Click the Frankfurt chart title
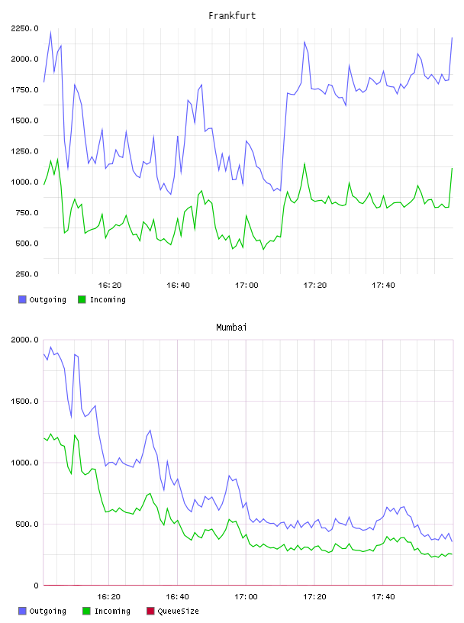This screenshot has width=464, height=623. pos(232,16)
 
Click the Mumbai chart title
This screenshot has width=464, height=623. pos(231,328)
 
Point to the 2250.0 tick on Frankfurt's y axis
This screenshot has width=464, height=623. pos(24,28)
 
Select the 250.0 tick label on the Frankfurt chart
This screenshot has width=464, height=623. pos(27,274)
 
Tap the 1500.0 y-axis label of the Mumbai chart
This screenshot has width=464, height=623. pos(24,402)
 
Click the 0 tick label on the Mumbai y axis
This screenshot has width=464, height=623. pos(36,586)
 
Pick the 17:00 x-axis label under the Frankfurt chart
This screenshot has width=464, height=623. pos(246,286)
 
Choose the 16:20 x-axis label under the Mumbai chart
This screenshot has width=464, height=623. pos(109,597)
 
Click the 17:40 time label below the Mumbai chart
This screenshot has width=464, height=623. pos(383,597)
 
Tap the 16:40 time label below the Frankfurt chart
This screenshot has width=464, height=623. pos(178,286)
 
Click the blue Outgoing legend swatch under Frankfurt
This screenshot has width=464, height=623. pos(22,299)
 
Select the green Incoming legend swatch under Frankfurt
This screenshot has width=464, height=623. pos(82,299)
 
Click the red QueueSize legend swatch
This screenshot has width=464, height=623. pos(150,611)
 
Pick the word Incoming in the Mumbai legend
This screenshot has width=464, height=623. pos(112,611)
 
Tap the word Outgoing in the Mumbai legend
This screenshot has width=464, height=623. pos(47,611)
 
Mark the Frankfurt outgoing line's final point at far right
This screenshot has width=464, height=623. pos(452,37)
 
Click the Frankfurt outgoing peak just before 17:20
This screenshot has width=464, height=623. pos(304,42)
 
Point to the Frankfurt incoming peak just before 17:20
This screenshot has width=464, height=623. pos(304,163)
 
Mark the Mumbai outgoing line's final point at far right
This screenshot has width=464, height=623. pos(452,541)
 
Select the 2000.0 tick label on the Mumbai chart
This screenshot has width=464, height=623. pos(24,340)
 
